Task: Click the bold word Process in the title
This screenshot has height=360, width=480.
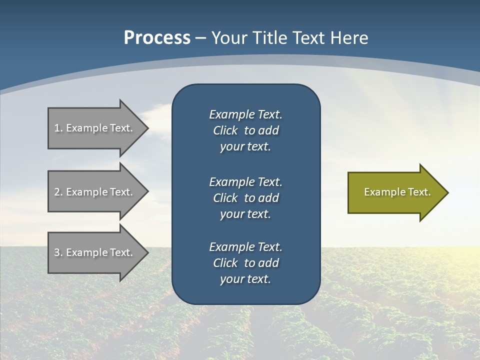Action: (x=157, y=38)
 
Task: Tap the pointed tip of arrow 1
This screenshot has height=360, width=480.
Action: (x=147, y=128)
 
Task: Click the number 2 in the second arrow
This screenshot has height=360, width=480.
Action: (x=57, y=192)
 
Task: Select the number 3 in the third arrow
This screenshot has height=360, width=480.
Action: (x=57, y=252)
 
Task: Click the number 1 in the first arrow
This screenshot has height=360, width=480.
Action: (x=57, y=128)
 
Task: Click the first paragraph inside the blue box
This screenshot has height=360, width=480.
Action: (x=245, y=130)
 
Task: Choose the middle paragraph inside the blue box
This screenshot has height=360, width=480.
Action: (x=245, y=198)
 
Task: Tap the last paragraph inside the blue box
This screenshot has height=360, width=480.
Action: (x=245, y=263)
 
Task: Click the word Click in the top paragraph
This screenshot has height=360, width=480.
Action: (x=225, y=130)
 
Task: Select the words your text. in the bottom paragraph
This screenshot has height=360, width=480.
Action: (x=245, y=279)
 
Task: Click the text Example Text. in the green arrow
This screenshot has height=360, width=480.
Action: (x=397, y=192)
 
